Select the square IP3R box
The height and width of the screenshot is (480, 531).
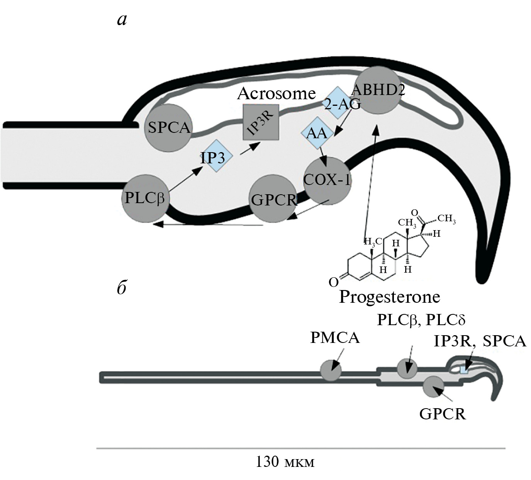tap(261, 122)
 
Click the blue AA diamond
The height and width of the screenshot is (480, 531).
tap(317, 134)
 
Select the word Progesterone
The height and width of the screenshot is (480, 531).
tap(389, 297)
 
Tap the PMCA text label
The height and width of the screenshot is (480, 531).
tap(335, 338)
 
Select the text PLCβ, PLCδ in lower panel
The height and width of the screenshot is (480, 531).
tap(421, 320)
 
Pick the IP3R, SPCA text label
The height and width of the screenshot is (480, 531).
tap(480, 341)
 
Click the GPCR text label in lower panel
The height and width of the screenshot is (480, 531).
tap(443, 414)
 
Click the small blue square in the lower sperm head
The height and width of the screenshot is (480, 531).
tap(464, 370)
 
